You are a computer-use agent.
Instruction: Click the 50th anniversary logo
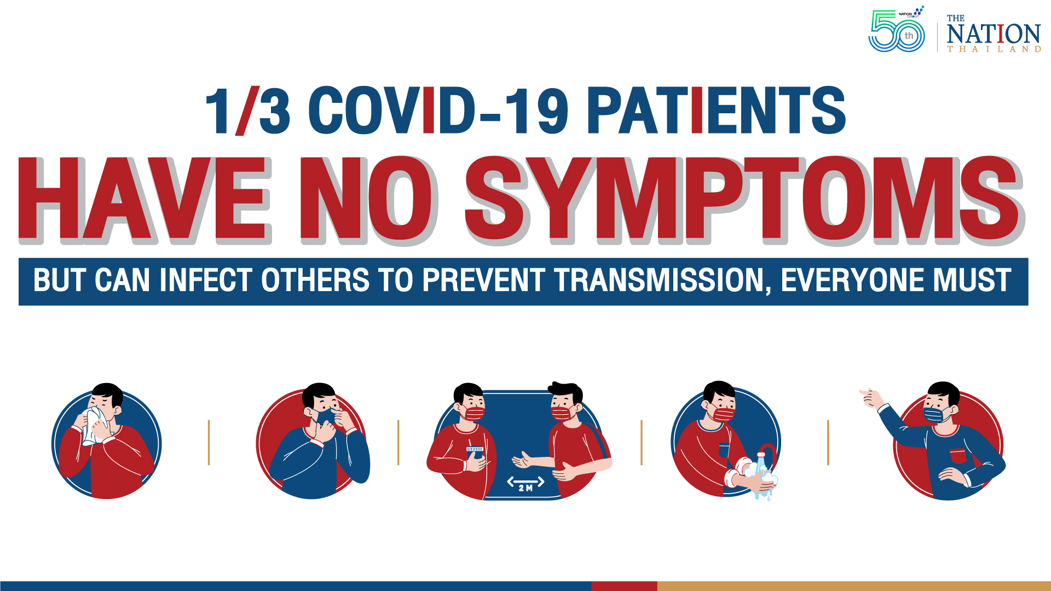[896, 32]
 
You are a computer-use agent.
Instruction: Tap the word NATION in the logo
[993, 34]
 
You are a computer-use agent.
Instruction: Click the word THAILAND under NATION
[994, 49]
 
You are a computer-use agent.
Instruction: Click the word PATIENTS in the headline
[716, 111]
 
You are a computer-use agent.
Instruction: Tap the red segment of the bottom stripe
[624, 586]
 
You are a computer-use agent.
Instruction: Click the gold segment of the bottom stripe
[854, 586]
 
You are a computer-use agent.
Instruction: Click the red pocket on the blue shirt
[958, 455]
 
